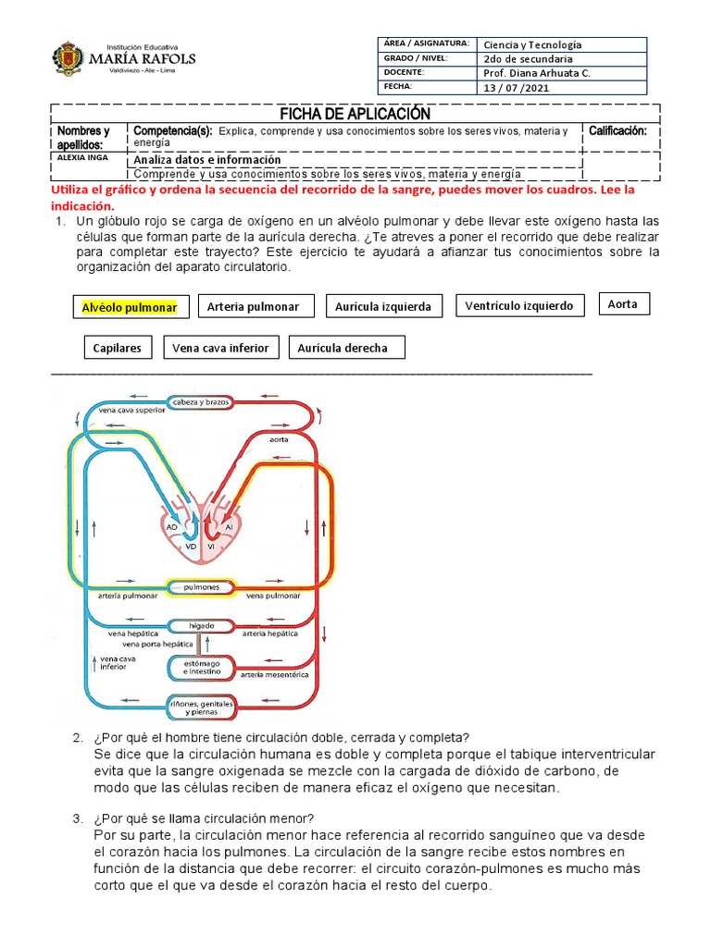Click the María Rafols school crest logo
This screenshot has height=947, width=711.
point(69,57)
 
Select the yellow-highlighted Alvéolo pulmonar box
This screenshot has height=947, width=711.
point(131,307)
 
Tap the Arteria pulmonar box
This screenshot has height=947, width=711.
point(253,306)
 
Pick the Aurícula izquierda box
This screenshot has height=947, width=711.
point(383,306)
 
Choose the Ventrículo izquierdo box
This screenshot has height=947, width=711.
point(519,305)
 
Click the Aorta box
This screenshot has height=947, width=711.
point(623,303)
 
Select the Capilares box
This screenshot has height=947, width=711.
point(118,348)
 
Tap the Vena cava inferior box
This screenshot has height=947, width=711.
point(220,348)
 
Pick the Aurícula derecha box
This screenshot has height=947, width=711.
point(343,348)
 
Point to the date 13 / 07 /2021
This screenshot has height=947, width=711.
point(518,87)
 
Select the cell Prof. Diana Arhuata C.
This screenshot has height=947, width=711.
point(537,72)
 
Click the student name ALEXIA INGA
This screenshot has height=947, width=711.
point(82,157)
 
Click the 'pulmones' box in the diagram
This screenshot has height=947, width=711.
point(201,586)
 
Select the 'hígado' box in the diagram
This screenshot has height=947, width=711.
point(201,625)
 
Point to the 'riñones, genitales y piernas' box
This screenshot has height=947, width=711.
point(201,708)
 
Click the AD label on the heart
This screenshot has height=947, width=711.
point(171,526)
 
